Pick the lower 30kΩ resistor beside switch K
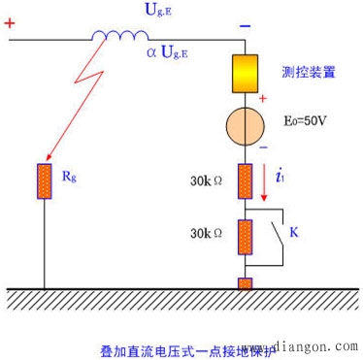coord(245,236)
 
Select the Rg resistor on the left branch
coord(44,180)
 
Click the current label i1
coord(280,178)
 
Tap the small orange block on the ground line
coord(245,283)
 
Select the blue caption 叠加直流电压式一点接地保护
coord(170,346)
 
